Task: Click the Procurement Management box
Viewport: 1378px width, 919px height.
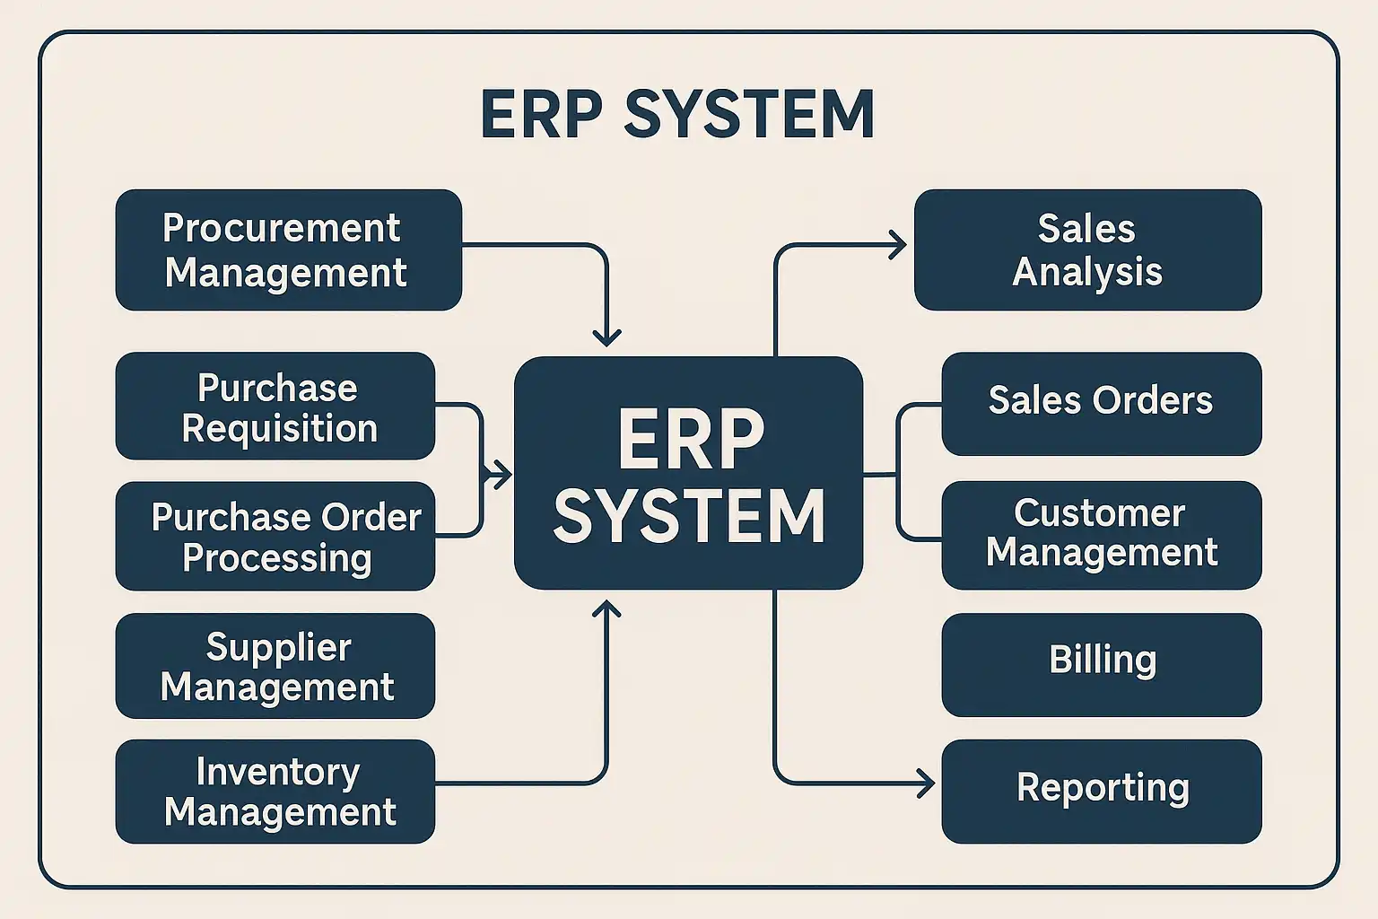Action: point(288,249)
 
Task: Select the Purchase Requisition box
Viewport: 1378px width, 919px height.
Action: point(275,406)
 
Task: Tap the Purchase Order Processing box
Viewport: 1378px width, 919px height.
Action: point(275,536)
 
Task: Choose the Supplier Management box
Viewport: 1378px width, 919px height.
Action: point(275,665)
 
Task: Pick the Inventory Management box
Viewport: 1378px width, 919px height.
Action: point(275,791)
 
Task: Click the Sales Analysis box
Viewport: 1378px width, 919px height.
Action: point(1087,249)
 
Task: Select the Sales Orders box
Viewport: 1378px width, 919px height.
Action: point(1101,403)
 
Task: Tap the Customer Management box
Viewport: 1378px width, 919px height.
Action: point(1101,535)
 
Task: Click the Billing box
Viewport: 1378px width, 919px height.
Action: point(1101,664)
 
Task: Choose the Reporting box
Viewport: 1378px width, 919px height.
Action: point(1101,791)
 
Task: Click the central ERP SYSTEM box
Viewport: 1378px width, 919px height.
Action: point(688,473)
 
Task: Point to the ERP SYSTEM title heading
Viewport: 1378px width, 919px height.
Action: point(677,114)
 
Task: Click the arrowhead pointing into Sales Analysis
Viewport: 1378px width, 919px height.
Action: point(898,244)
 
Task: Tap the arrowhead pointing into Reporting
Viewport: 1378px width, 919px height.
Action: point(926,783)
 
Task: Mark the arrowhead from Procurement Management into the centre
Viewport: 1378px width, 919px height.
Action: point(607,338)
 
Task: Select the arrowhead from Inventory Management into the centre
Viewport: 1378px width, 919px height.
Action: point(607,609)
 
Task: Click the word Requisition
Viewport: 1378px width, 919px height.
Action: point(279,429)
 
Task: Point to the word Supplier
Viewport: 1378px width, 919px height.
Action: point(278,647)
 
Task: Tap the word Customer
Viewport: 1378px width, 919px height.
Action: point(1100,513)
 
